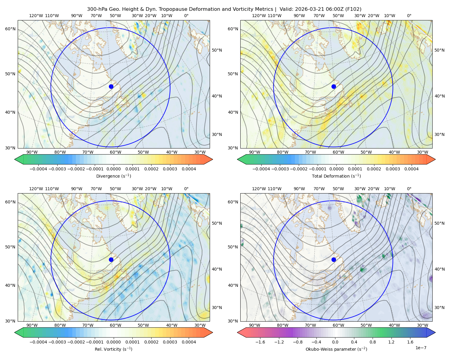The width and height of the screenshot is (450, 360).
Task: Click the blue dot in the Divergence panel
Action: [111, 86]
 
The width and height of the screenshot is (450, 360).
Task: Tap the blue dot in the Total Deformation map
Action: [334, 86]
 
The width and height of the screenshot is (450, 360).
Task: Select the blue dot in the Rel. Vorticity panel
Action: [111, 259]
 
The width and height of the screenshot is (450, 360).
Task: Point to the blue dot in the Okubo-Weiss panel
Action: [334, 259]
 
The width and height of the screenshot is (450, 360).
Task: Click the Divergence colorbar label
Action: [113, 176]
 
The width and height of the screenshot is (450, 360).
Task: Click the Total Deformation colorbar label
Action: [336, 176]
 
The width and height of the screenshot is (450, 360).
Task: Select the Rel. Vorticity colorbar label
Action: [113, 349]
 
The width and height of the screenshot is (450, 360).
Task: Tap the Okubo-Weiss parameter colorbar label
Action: [336, 349]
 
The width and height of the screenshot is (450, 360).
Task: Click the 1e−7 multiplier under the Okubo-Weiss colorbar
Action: [421, 348]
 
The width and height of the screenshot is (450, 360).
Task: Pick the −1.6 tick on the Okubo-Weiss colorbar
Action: [260, 342]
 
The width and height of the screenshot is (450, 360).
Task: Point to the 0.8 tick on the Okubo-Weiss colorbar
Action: [373, 342]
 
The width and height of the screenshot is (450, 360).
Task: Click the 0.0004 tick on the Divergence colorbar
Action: [189, 169]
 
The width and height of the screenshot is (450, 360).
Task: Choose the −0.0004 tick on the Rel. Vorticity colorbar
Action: [38, 342]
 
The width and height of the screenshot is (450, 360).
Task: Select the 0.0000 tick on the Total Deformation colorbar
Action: [336, 169]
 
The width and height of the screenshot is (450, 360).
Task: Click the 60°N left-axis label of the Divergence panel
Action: [10, 29]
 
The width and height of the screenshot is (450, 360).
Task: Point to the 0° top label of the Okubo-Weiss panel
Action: [409, 188]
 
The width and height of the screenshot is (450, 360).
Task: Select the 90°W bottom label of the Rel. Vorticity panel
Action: [32, 325]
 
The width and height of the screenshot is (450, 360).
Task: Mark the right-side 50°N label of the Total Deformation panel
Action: [439, 50]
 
